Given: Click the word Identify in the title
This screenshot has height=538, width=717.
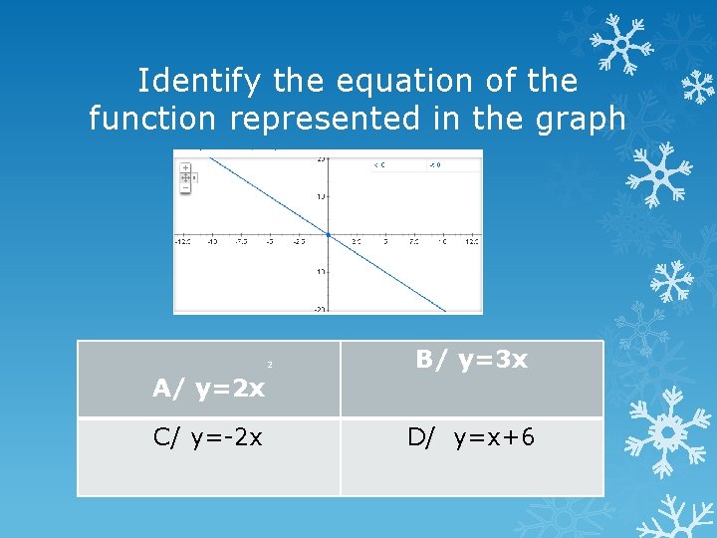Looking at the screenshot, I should (x=191, y=81).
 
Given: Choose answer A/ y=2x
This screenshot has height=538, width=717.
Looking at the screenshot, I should (x=209, y=389).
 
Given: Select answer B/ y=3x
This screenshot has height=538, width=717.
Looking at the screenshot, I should (x=471, y=360).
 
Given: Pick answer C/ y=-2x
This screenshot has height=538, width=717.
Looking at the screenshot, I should (x=208, y=436).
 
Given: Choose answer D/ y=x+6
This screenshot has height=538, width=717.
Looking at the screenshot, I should (x=471, y=436).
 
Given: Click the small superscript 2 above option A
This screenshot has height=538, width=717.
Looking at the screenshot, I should (x=269, y=366).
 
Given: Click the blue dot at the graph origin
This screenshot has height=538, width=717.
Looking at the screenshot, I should (x=328, y=235).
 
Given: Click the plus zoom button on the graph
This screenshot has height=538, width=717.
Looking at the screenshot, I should (x=185, y=168).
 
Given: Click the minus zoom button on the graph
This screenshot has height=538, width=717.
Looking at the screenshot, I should (x=185, y=186).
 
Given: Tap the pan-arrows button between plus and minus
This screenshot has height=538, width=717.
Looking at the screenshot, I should (x=185, y=177).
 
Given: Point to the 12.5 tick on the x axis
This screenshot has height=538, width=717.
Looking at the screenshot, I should (x=471, y=242).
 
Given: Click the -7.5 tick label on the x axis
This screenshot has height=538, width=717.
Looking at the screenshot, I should (x=240, y=242).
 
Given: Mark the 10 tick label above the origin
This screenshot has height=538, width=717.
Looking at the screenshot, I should (x=320, y=196).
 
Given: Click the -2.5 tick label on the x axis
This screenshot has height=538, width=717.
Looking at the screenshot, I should (x=298, y=242).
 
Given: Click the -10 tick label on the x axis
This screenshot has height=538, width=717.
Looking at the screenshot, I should (x=212, y=242).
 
